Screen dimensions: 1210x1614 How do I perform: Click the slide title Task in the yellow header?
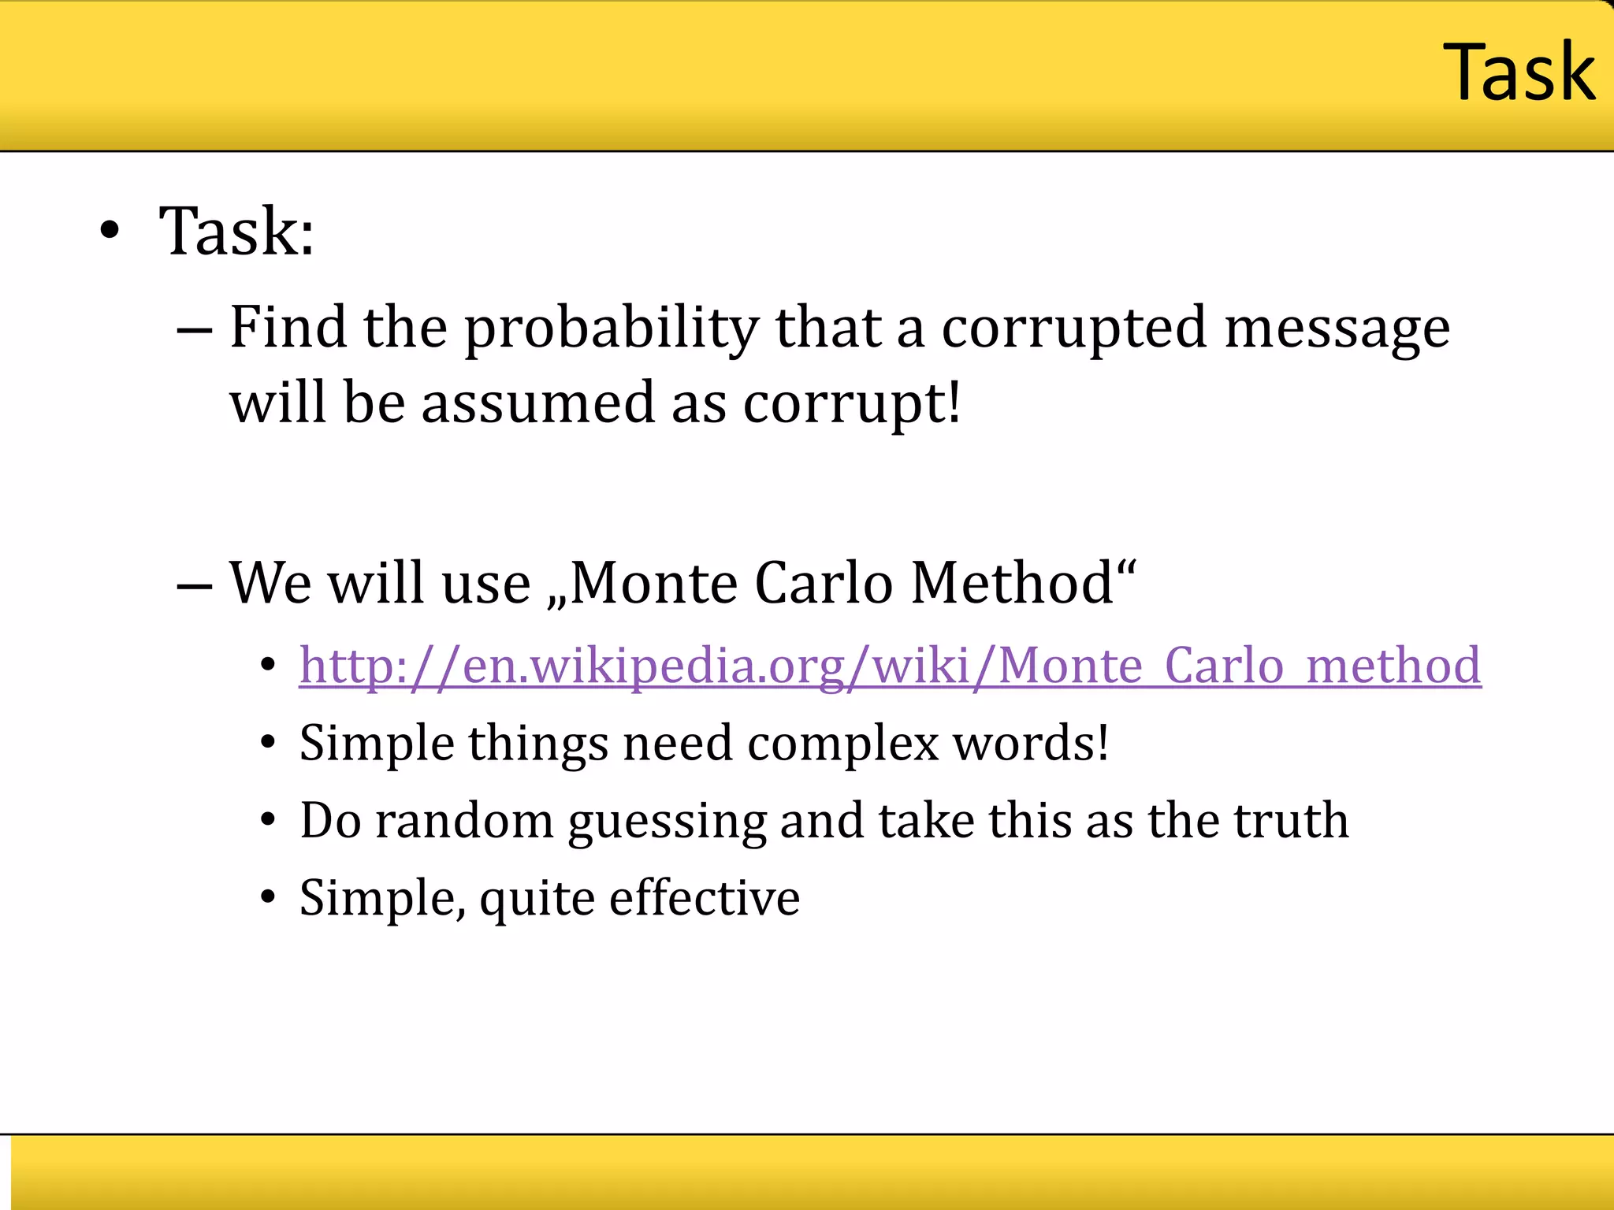click(x=1519, y=72)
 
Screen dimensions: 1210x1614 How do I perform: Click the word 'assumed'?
click(x=537, y=403)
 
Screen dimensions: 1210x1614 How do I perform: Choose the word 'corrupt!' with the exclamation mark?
click(x=852, y=403)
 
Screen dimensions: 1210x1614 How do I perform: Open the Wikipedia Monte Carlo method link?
click(x=890, y=666)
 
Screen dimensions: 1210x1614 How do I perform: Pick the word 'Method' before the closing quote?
click(x=1012, y=583)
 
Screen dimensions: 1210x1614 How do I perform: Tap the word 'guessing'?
click(x=667, y=821)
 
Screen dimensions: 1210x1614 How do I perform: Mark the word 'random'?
click(x=464, y=821)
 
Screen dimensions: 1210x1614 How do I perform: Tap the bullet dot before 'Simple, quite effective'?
click(x=269, y=898)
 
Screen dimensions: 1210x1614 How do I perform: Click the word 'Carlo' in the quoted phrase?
click(x=824, y=583)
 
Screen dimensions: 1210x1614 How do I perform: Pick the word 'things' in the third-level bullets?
click(x=538, y=743)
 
